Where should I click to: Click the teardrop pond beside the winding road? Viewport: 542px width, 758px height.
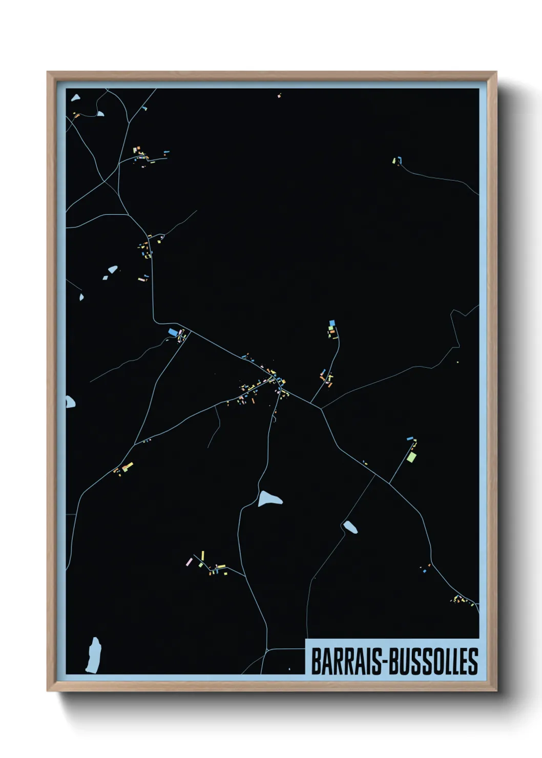[269, 498]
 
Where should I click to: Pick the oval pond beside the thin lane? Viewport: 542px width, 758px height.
[350, 527]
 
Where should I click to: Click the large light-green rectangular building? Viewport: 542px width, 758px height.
[411, 457]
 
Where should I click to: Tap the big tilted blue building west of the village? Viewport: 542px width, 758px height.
[173, 332]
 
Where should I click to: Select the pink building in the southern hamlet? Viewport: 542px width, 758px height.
[189, 562]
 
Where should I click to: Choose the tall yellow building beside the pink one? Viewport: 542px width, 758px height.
[202, 556]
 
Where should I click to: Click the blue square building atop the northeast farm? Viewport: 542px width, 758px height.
[331, 323]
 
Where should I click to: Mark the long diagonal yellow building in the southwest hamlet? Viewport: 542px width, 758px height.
[127, 466]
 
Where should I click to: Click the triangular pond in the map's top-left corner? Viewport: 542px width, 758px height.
[75, 97]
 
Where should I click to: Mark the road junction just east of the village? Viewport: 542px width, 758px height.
[321, 408]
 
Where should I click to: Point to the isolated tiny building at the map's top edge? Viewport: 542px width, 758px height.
[279, 95]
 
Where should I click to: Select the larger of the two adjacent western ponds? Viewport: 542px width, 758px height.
[112, 269]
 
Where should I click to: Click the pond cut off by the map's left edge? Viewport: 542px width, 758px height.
[70, 402]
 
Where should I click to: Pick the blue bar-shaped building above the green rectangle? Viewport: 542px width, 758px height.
[409, 439]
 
